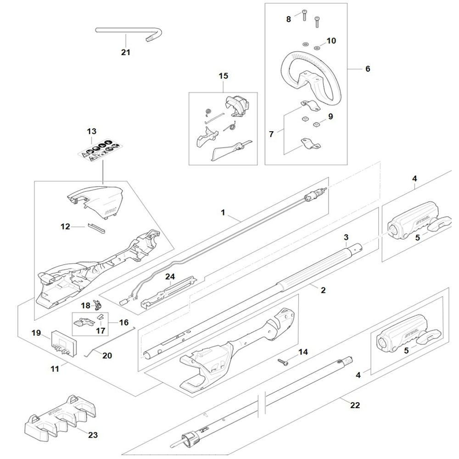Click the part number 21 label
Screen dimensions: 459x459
point(125,52)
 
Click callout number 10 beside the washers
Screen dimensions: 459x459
point(331,41)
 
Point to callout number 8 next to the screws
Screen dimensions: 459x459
point(289,19)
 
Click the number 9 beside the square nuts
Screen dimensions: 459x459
point(330,117)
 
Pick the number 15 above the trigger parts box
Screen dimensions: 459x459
point(223,76)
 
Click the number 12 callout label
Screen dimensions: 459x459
point(66,226)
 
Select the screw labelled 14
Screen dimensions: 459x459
point(283,362)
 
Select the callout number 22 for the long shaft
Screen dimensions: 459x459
point(355,405)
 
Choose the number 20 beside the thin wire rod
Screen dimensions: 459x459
point(106,355)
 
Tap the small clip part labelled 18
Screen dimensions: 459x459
point(97,305)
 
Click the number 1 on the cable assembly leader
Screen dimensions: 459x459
point(223,213)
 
